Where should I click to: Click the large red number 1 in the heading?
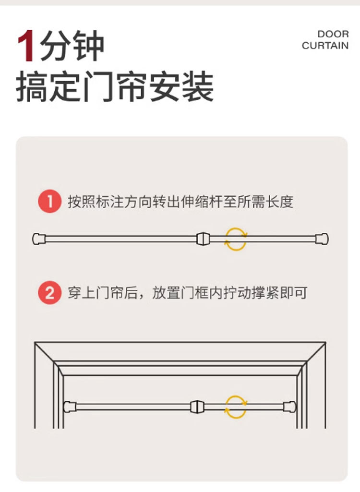pyautogui.click(x=26, y=46)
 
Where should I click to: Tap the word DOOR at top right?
pyautogui.click(x=333, y=34)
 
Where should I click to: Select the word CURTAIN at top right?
pyautogui.click(x=325, y=46)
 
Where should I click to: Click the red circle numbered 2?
pyautogui.click(x=49, y=292)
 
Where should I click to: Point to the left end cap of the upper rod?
pyautogui.click(x=39, y=239)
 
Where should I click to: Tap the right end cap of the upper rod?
pyautogui.click(x=322, y=239)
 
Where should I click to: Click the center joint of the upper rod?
pyautogui.click(x=203, y=239)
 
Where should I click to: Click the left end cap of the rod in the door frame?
pyautogui.click(x=70, y=407)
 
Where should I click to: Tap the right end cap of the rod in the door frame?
pyautogui.click(x=289, y=407)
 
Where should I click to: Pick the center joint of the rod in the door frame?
pyautogui.click(x=197, y=407)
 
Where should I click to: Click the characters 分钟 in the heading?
pyautogui.click(x=72, y=46)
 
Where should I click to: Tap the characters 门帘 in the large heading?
pyautogui.click(x=115, y=86)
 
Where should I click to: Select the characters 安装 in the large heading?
pyautogui.click(x=182, y=86)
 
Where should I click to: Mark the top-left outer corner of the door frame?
pyautogui.click(x=35, y=342)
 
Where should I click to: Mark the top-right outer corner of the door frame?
pyautogui.click(x=326, y=342)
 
